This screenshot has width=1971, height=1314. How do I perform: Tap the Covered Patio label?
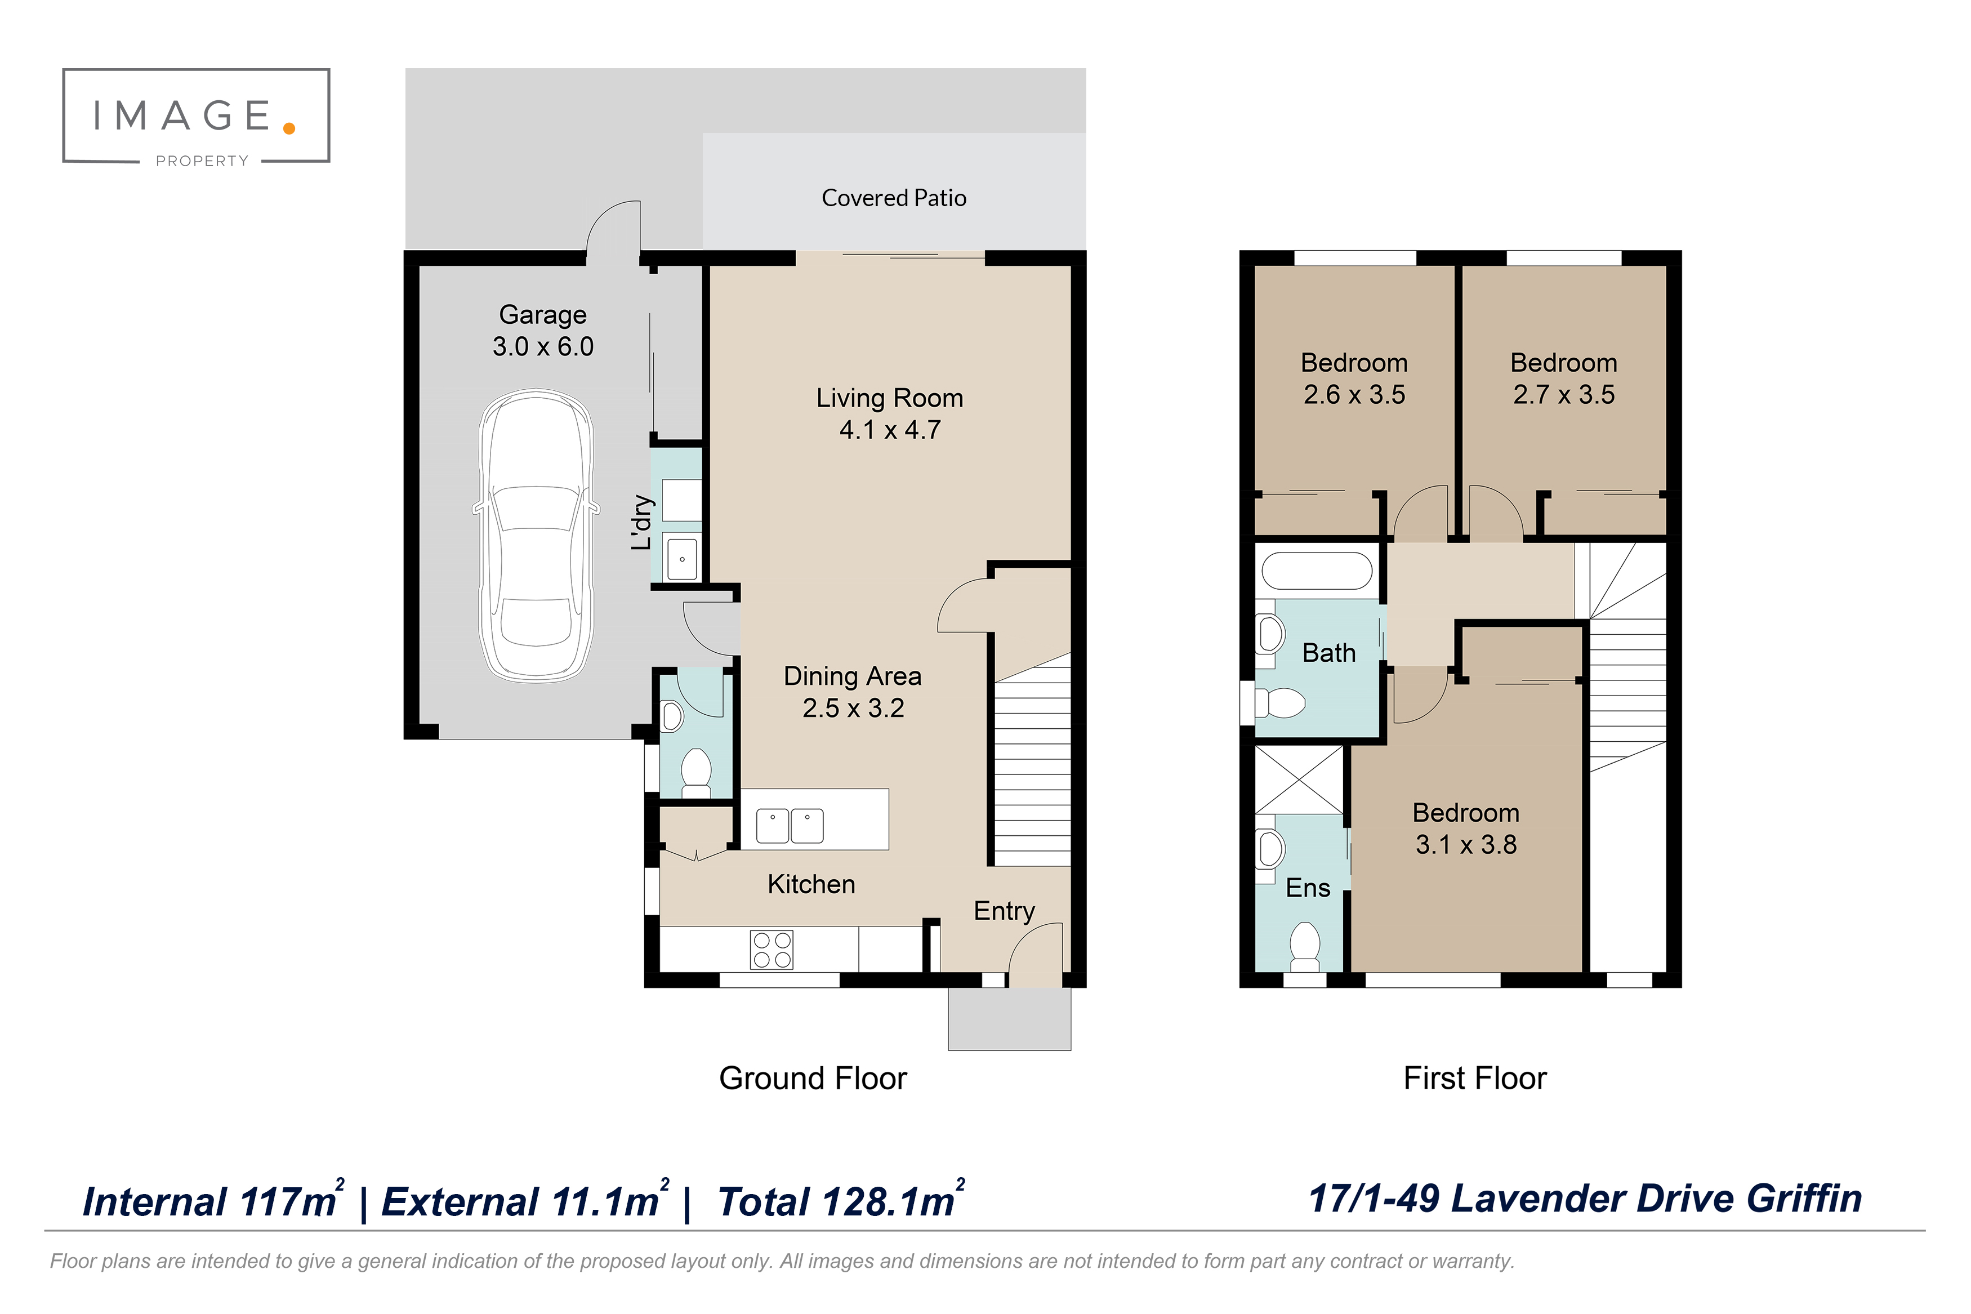coord(894,198)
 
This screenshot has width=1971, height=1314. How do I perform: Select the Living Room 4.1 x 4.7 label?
coord(890,413)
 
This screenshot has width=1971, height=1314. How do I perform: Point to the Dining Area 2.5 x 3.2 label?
coord(853,692)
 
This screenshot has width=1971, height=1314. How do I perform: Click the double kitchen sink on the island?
coord(790,826)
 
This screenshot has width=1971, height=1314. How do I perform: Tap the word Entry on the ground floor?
coord(1004,911)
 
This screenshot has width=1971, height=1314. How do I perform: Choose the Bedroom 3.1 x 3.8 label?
coord(1466,828)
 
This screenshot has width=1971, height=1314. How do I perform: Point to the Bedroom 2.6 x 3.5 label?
coord(1354,378)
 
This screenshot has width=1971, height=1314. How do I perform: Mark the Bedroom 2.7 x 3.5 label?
coord(1563,378)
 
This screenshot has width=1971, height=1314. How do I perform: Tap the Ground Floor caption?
coord(813,1077)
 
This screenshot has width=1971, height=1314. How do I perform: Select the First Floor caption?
coord(1474,1077)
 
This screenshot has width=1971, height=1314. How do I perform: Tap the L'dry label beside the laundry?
coord(641,522)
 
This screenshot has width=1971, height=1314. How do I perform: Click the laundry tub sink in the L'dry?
coord(682,559)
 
